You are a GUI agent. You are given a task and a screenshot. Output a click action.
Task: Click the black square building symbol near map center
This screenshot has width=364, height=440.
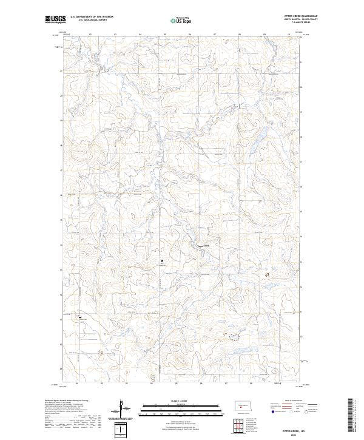click(162, 262)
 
